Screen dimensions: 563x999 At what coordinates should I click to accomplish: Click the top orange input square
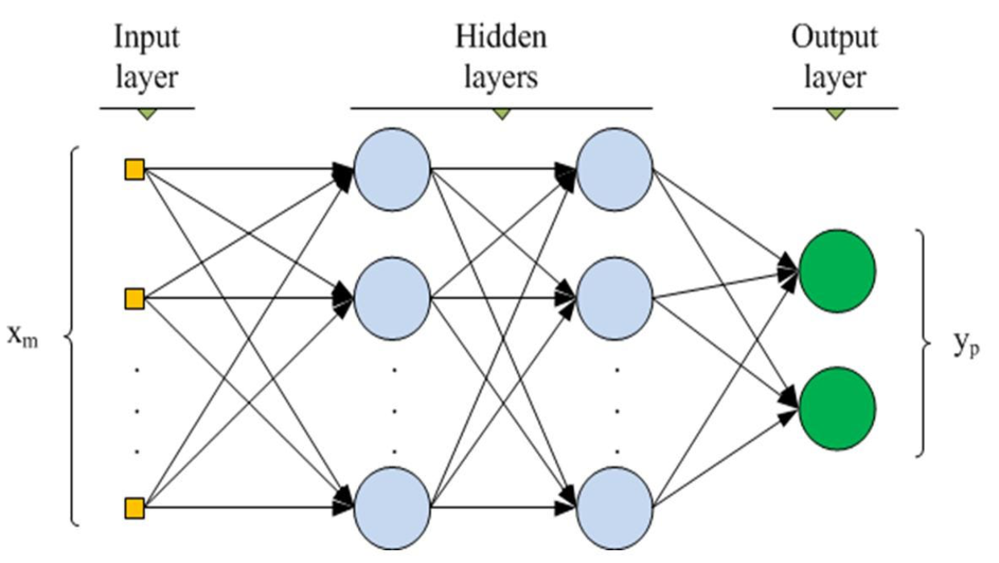click(x=134, y=170)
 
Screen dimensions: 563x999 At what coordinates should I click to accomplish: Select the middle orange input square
click(x=134, y=299)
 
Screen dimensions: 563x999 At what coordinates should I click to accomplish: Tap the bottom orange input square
click(x=134, y=507)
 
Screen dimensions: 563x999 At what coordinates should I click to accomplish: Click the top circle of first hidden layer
click(x=392, y=170)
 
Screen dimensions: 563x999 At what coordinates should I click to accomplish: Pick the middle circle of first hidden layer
click(x=392, y=298)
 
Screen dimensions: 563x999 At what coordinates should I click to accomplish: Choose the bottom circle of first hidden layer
click(x=392, y=507)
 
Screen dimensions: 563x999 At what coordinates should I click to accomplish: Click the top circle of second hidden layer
click(x=614, y=170)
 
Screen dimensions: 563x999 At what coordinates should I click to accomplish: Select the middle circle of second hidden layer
click(x=614, y=298)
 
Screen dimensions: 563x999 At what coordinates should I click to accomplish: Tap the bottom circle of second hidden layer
click(x=614, y=507)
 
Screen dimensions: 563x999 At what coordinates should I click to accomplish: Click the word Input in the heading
click(x=146, y=37)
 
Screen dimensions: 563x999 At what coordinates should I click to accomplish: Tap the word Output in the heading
click(x=834, y=37)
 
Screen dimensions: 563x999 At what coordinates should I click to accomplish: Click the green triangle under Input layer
click(x=146, y=114)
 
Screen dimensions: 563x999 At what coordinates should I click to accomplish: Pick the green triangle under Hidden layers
click(x=502, y=114)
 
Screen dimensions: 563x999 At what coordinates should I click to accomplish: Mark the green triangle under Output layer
click(x=835, y=114)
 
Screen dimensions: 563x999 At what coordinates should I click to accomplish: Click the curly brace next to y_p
click(x=924, y=343)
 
